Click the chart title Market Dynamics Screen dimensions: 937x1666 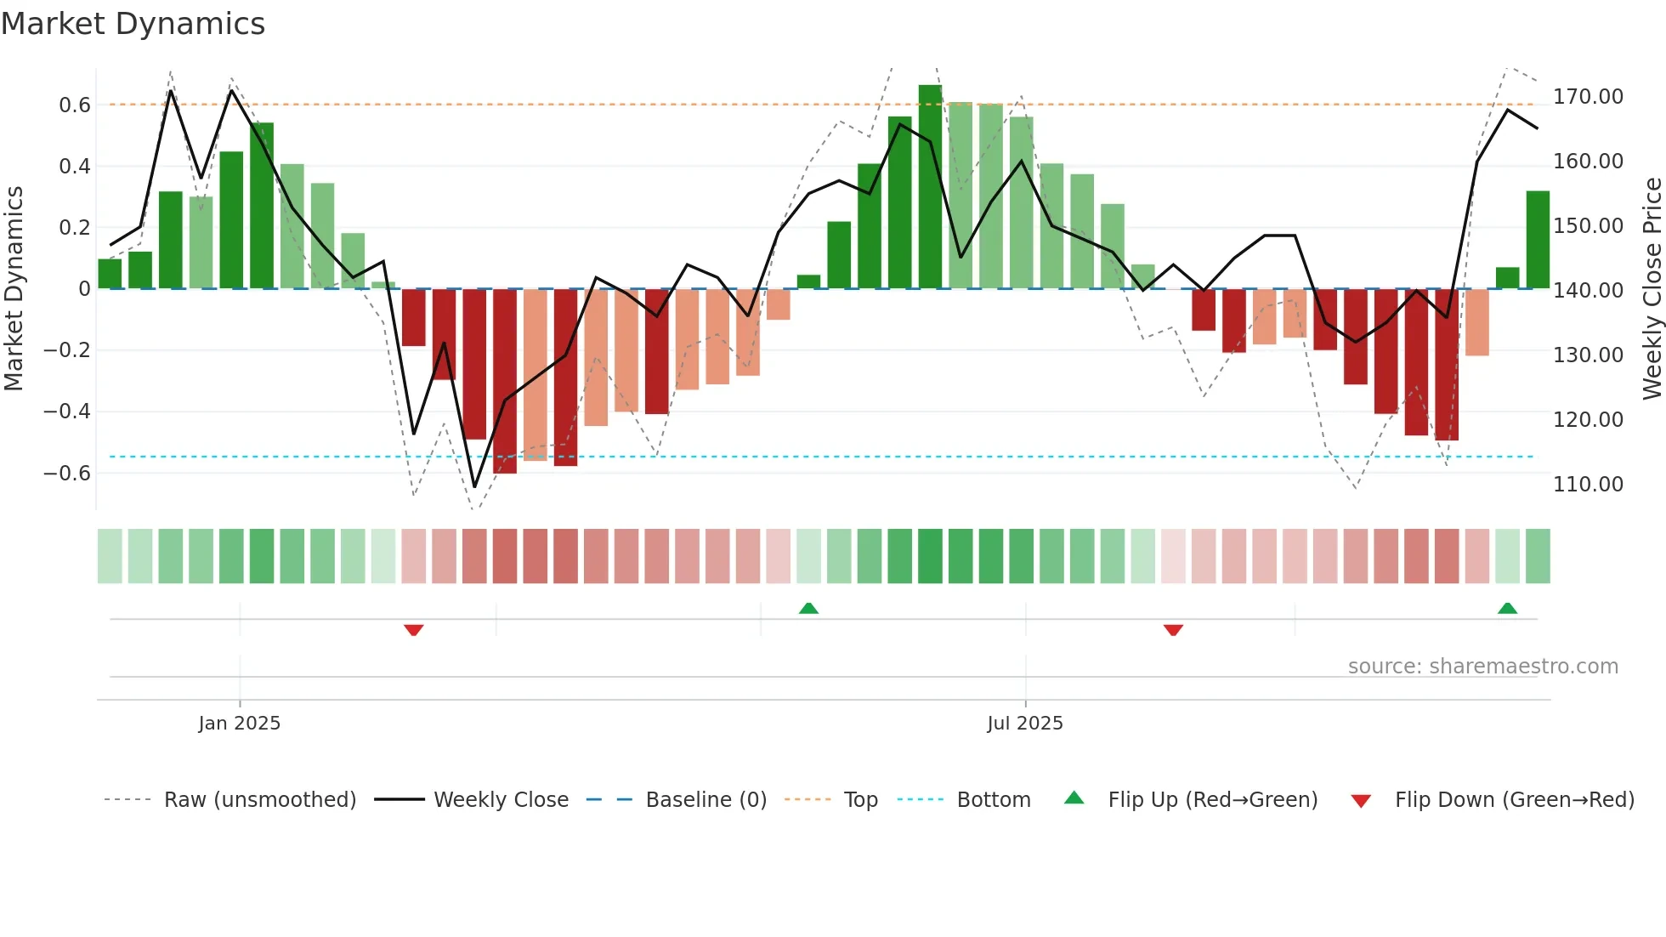pos(133,24)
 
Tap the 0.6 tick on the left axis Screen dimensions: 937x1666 pos(75,105)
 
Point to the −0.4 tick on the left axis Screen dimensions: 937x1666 pos(67,412)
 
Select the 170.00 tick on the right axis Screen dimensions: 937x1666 pos(1588,97)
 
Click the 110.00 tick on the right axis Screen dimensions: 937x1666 pos(1588,485)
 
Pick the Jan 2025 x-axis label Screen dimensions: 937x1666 pos(239,724)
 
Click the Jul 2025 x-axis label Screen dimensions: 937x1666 pos(1024,724)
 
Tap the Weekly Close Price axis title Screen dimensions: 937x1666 pos(1652,289)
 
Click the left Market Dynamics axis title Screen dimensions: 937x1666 pos(14,289)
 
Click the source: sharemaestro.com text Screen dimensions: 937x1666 pos(1482,667)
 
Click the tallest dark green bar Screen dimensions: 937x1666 pos(930,187)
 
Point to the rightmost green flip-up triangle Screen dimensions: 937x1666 pos(1507,609)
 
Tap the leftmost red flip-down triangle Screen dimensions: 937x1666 pos(414,629)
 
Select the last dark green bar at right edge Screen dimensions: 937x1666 pos(1538,240)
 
